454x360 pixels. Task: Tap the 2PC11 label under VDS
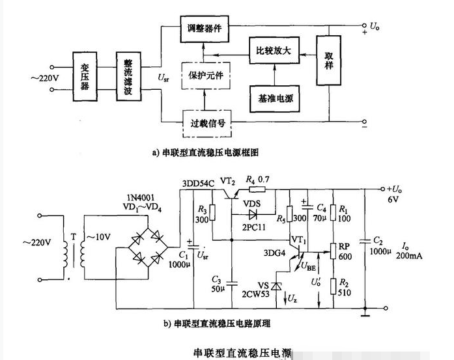(253, 226)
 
